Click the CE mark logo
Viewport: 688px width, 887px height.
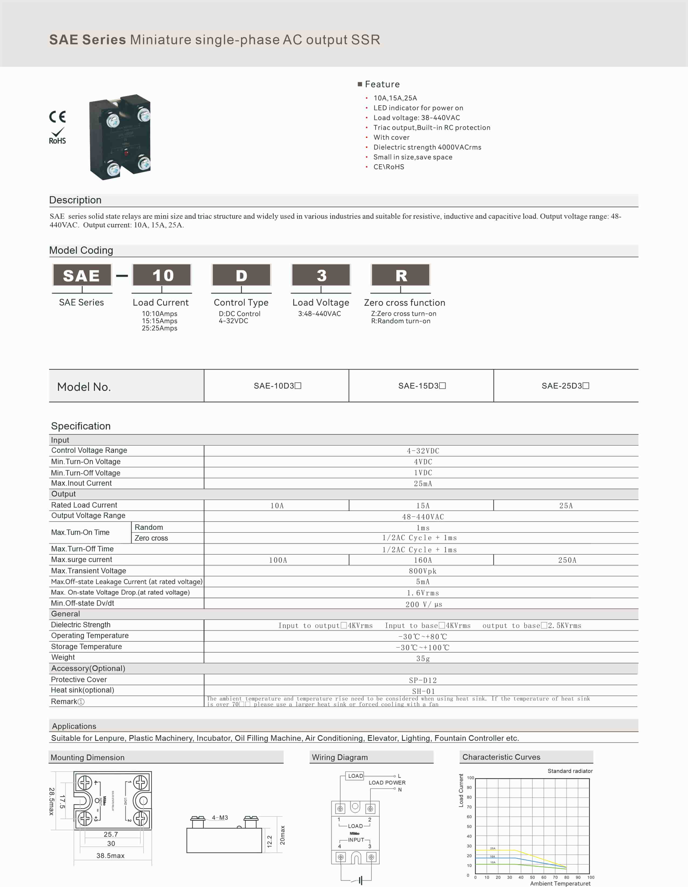pos(57,117)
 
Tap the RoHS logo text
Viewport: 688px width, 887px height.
pos(57,141)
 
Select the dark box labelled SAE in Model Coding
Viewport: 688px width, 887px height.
pos(82,275)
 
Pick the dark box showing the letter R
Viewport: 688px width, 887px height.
pos(401,275)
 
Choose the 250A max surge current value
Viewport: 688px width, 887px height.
pos(567,560)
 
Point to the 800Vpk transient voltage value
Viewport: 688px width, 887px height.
pos(423,571)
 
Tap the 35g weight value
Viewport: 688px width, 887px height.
pos(423,658)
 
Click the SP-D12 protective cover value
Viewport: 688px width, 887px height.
pos(423,680)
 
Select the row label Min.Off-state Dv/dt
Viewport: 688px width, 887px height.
pos(82,603)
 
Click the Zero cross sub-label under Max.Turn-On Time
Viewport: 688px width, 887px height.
pos(151,538)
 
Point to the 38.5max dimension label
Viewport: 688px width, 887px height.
pos(111,856)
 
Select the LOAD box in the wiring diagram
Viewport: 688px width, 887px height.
pos(356,776)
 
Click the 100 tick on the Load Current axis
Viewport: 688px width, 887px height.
pos(470,778)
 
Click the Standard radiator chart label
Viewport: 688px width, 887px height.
pos(570,771)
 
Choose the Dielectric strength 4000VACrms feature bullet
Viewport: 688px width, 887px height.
pos(427,147)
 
